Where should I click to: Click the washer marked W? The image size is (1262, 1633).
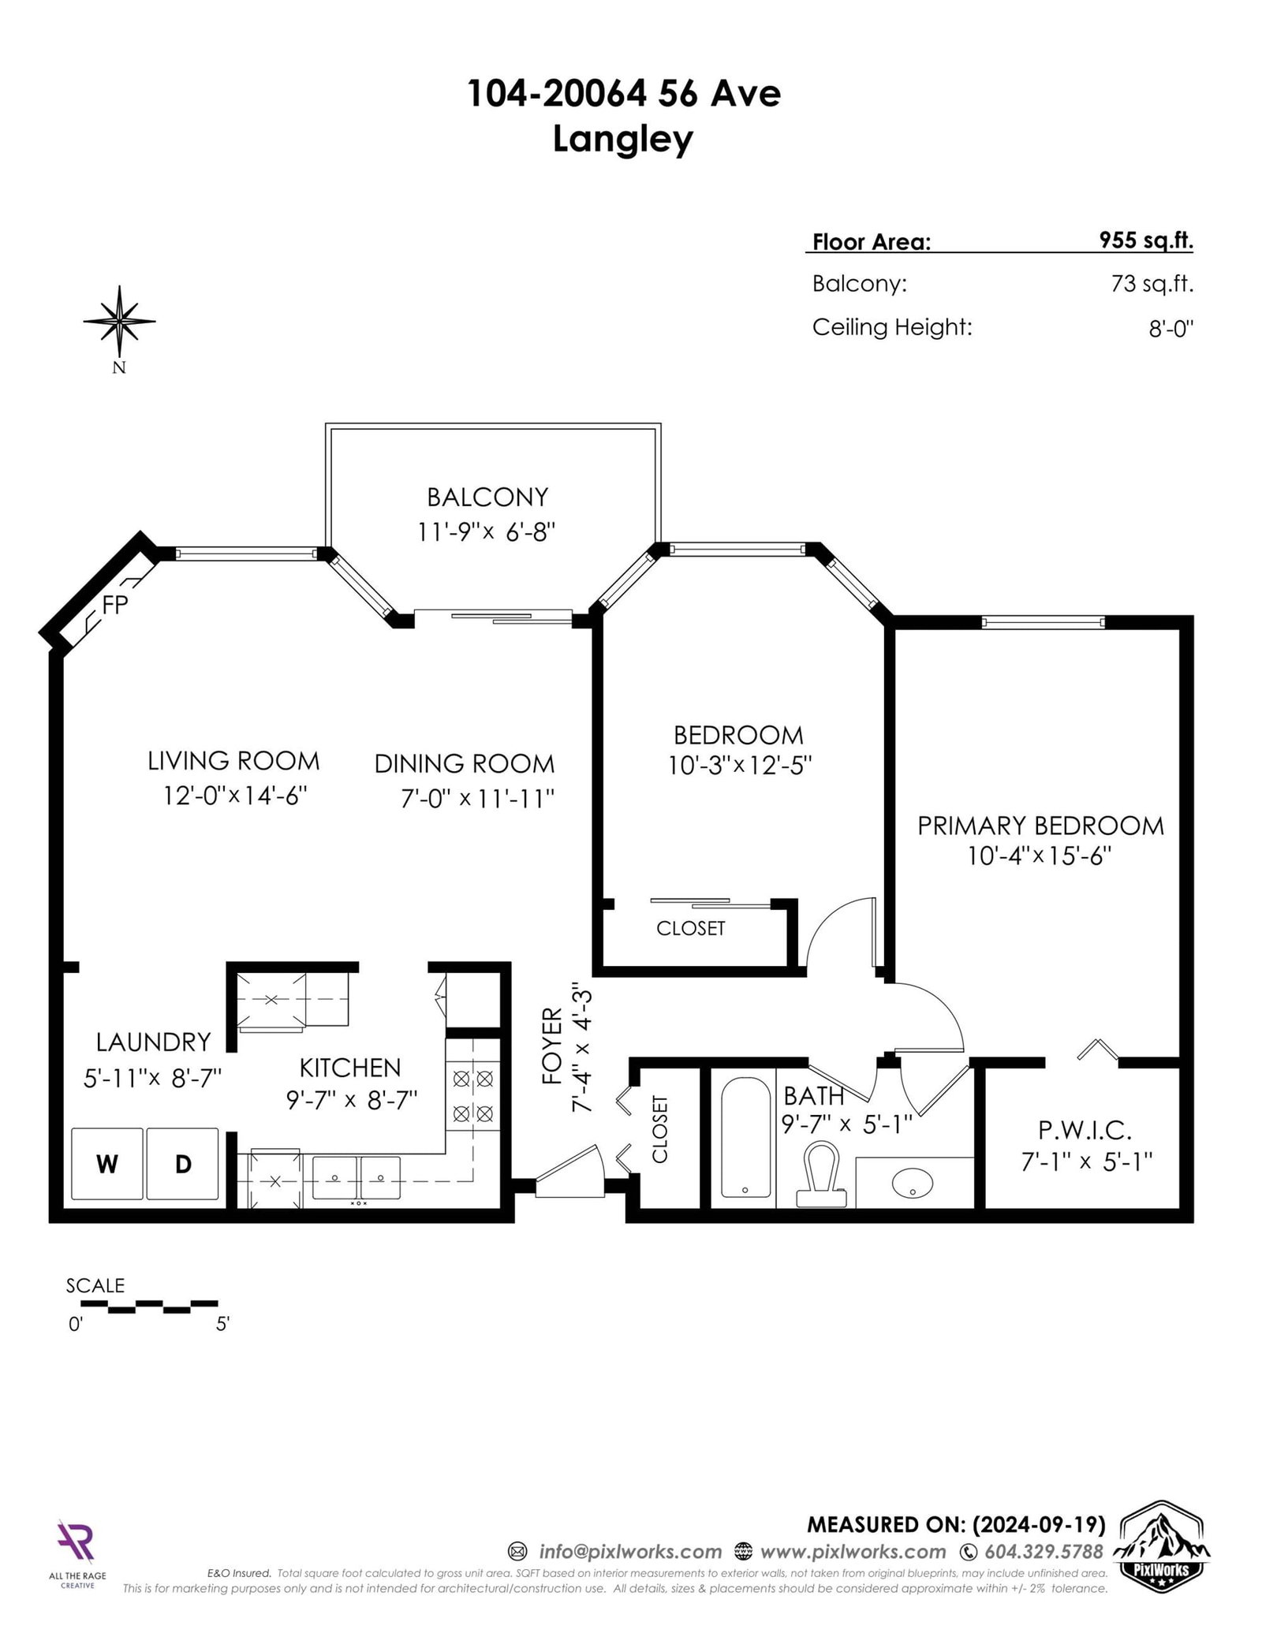[x=107, y=1164]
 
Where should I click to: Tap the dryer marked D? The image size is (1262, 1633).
[x=182, y=1164]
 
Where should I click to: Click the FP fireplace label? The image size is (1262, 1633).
[x=116, y=604]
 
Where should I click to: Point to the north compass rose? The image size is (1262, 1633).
[x=119, y=321]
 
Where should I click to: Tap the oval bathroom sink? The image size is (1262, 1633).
[x=912, y=1182]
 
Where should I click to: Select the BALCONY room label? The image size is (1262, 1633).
[x=487, y=497]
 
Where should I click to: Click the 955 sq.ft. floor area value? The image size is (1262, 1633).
[x=1146, y=240]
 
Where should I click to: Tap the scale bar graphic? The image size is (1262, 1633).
[x=142, y=1307]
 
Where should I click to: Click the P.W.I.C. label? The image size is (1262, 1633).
[x=1085, y=1131]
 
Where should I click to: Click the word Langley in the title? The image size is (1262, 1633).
[x=622, y=139]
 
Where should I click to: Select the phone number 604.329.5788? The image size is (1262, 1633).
[x=1043, y=1552]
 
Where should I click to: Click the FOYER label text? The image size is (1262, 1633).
[x=553, y=1046]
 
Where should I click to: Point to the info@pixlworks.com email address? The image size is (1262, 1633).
[x=629, y=1552]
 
